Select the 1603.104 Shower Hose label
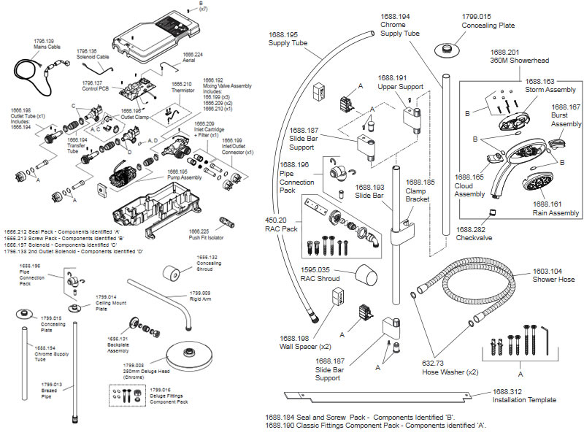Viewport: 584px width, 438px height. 553,275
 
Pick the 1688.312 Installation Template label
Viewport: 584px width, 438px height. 523,396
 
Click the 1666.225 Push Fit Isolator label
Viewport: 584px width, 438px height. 207,234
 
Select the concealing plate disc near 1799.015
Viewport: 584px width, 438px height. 443,49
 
